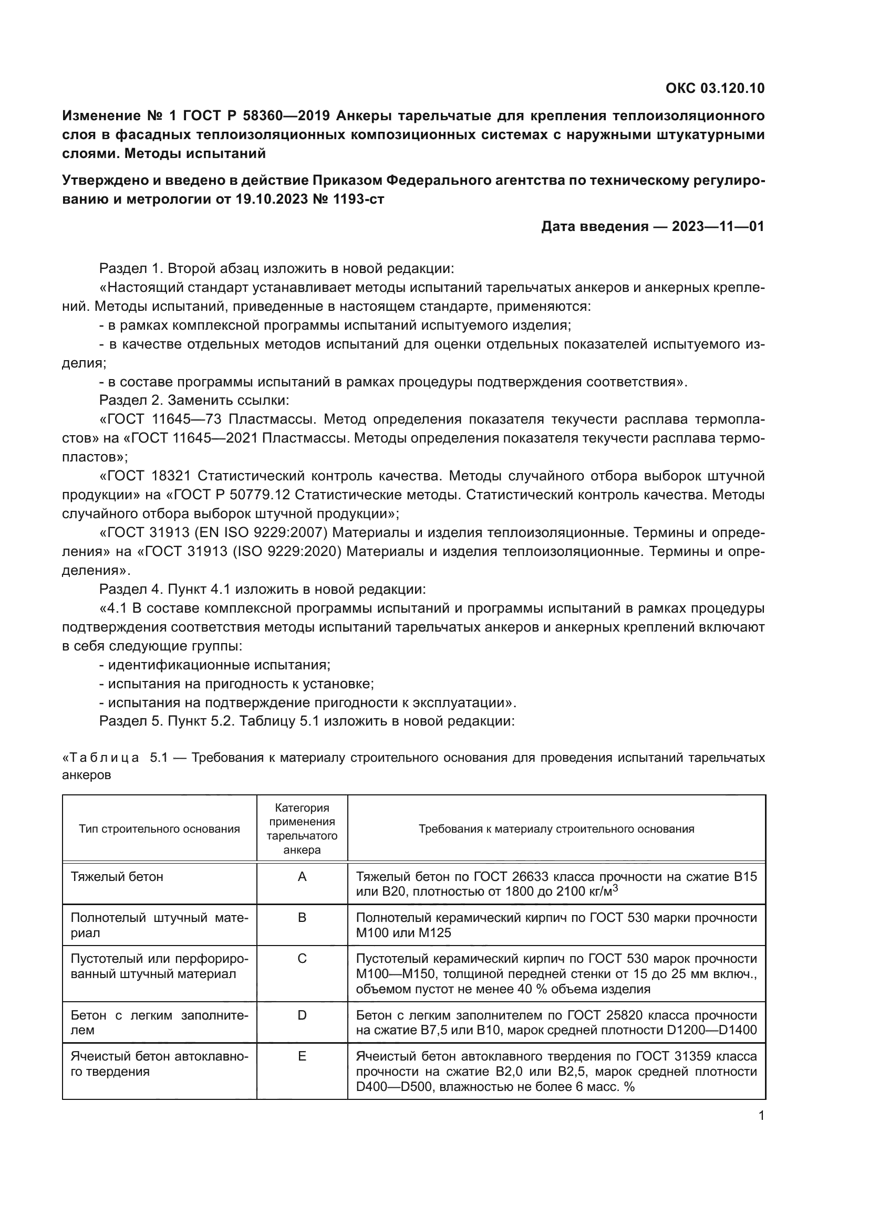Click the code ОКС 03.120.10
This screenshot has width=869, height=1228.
coord(715,88)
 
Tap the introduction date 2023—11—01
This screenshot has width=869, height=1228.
coord(718,227)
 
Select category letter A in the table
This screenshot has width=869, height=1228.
coord(302,877)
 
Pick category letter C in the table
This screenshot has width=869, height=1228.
coord(302,959)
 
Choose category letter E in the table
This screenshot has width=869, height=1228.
coord(302,1056)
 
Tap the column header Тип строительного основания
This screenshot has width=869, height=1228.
coord(160,829)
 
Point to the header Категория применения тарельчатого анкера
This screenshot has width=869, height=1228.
coord(302,829)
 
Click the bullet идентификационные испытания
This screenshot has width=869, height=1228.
coord(219,665)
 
